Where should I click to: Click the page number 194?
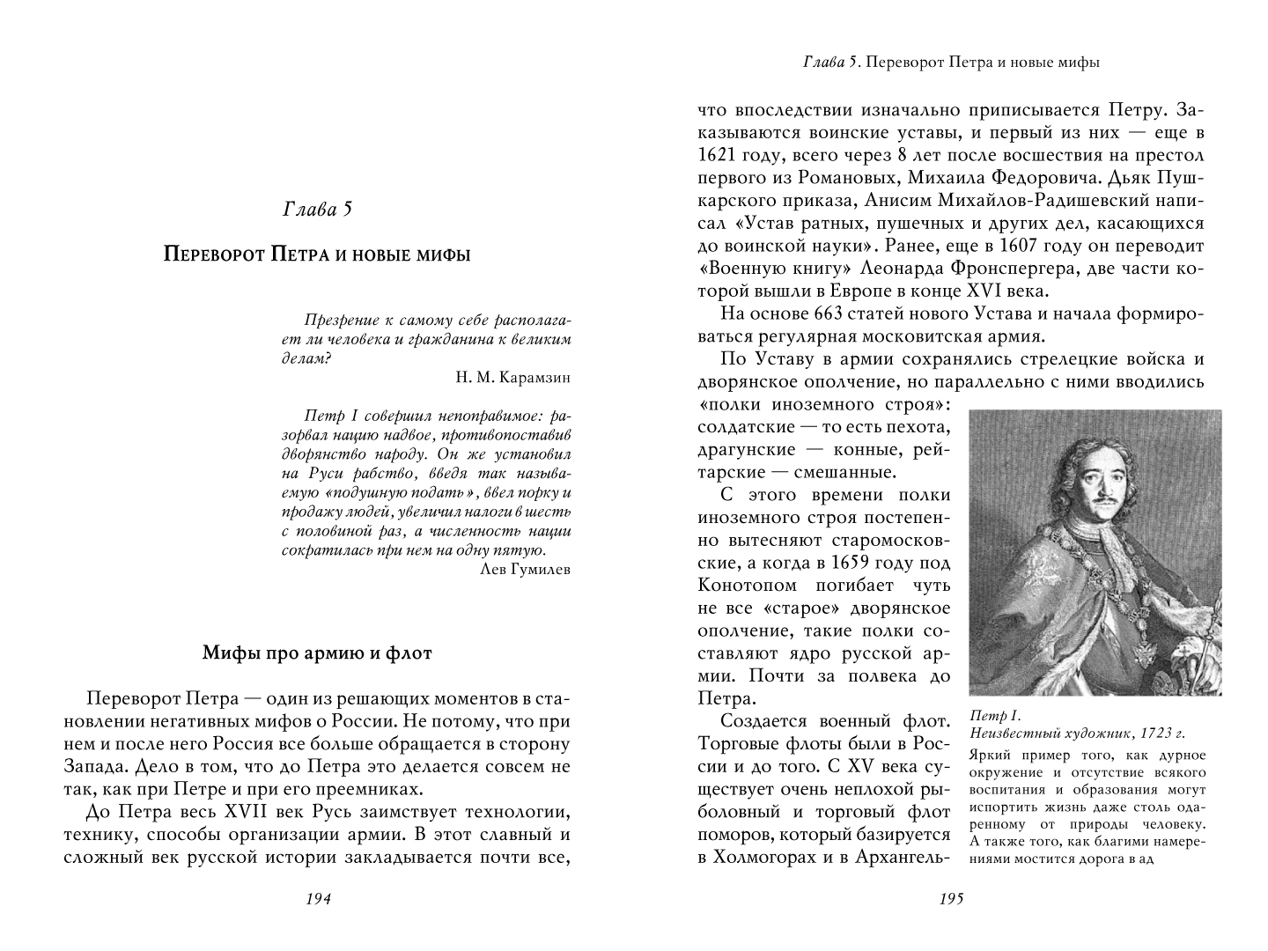click(317, 899)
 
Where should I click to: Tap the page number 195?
click(952, 899)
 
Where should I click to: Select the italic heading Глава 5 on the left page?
click(317, 210)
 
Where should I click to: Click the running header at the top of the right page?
click(952, 63)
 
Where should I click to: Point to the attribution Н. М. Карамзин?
click(513, 378)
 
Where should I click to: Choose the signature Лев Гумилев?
click(526, 569)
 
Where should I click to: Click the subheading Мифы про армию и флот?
click(317, 652)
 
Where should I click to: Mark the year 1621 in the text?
click(719, 155)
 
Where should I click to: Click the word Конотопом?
click(748, 586)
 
